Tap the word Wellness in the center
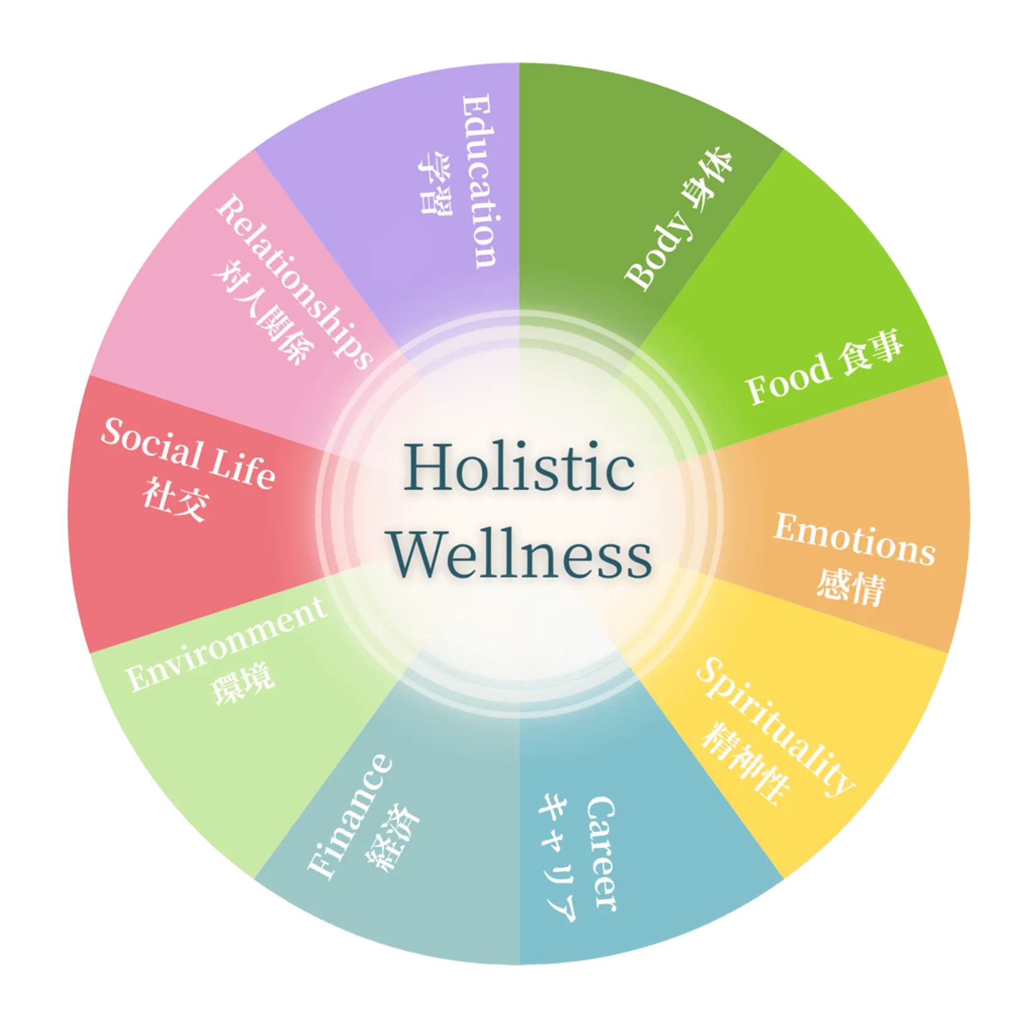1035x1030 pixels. pyautogui.click(x=520, y=553)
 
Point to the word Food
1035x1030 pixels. pyautogui.click(x=788, y=378)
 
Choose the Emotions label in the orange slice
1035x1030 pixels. pyautogui.click(x=854, y=539)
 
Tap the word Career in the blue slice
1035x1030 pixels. pyautogui.click(x=601, y=853)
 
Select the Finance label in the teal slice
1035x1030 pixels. pyautogui.click(x=349, y=816)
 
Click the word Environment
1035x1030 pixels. pyautogui.click(x=225, y=643)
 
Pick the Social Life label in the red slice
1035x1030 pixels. pyautogui.click(x=188, y=453)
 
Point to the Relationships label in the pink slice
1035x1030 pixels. pyautogui.click(x=294, y=281)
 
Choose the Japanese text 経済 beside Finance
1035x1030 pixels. pyautogui.click(x=393, y=838)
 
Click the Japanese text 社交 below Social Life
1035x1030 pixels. pyautogui.click(x=175, y=499)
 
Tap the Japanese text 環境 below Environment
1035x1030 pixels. pyautogui.click(x=243, y=683)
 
